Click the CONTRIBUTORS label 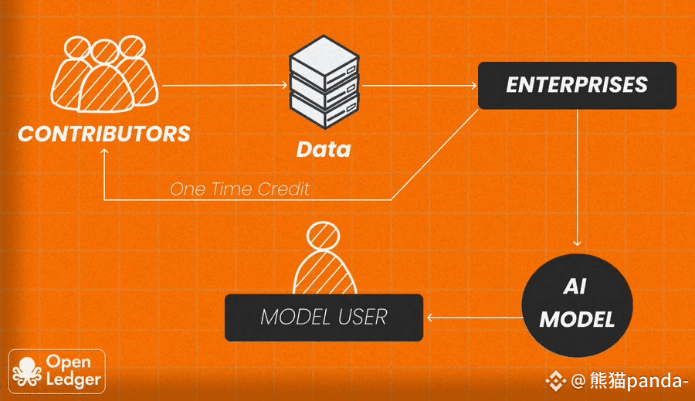pyautogui.click(x=103, y=134)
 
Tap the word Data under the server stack pyautogui.click(x=323, y=149)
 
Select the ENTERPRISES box pyautogui.click(x=577, y=86)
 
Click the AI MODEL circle pyautogui.click(x=577, y=305)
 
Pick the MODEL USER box pyautogui.click(x=324, y=318)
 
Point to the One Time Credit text pyautogui.click(x=239, y=189)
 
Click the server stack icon pyautogui.click(x=324, y=83)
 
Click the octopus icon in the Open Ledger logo pyautogui.click(x=27, y=372)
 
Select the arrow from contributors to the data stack pyautogui.click(x=225, y=85)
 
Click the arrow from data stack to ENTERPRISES pyautogui.click(x=419, y=85)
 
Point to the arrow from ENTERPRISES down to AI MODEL pyautogui.click(x=577, y=178)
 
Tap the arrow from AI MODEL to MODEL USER pyautogui.click(x=474, y=318)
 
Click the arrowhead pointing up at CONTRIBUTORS pyautogui.click(x=104, y=151)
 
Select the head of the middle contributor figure pyautogui.click(x=105, y=53)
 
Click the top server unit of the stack pyautogui.click(x=324, y=61)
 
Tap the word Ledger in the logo pyautogui.click(x=73, y=380)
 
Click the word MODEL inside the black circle pyautogui.click(x=577, y=319)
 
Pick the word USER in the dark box pyautogui.click(x=363, y=317)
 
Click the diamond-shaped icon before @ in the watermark pyautogui.click(x=556, y=381)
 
